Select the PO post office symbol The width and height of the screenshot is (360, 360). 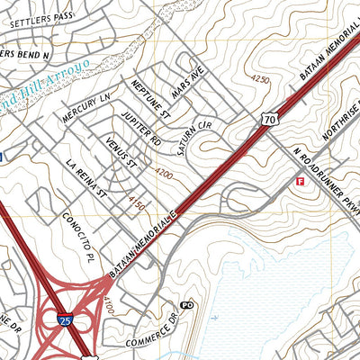coord(187,306)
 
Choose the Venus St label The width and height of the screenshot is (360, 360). coord(119,154)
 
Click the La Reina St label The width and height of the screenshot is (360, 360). coord(86,178)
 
